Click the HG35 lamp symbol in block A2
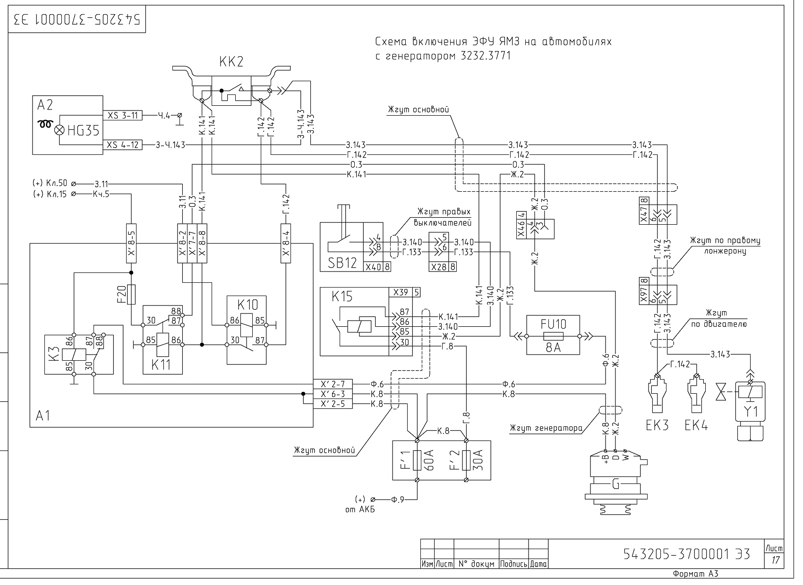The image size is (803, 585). [x=59, y=130]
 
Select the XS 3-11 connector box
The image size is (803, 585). [x=123, y=115]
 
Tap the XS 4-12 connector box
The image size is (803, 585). [x=123, y=145]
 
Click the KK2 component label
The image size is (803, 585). [x=231, y=62]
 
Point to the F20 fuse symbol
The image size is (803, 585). [x=131, y=295]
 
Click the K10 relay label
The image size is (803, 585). [x=248, y=305]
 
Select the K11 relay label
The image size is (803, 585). [x=161, y=365]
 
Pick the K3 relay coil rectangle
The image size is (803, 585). [x=74, y=355]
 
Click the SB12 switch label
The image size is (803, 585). [x=342, y=263]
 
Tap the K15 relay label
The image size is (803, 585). [x=342, y=297]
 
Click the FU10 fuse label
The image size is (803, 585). [x=553, y=324]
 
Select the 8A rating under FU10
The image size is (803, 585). [x=553, y=347]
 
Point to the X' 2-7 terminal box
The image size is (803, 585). [x=333, y=384]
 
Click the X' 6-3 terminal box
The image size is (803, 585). [x=333, y=394]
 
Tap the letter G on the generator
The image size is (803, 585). [x=615, y=484]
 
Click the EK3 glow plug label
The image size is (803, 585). [x=657, y=425]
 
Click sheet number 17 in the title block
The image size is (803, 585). [x=775, y=560]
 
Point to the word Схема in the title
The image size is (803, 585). [x=391, y=42]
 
